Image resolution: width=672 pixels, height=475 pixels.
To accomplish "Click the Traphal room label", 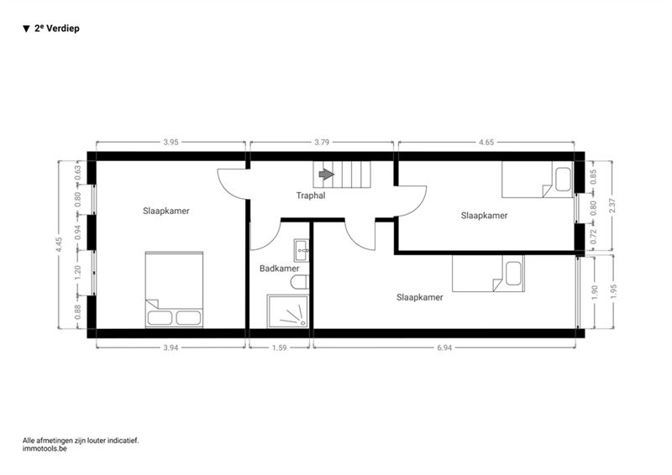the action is [x=311, y=196].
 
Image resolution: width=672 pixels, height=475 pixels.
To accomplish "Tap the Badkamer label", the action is [x=280, y=269].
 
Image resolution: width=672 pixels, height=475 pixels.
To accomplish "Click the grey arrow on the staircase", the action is [x=327, y=174].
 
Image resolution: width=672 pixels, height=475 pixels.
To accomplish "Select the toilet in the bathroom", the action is [x=300, y=282].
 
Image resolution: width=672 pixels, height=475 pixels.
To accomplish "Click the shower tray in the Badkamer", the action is [x=287, y=311].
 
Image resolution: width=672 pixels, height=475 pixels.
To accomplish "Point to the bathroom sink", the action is [x=301, y=250].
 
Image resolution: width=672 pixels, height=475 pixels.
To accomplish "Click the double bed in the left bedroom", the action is [x=174, y=290].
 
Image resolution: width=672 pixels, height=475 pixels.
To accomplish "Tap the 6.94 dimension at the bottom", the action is [x=444, y=347].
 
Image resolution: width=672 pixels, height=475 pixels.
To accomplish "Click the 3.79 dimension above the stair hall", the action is [x=322, y=142].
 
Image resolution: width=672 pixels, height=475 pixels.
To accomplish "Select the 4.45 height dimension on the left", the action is [x=60, y=245].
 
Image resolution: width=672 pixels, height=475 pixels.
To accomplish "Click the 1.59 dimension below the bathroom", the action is [x=280, y=347].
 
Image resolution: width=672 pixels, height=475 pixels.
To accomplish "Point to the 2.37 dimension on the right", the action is [x=612, y=206].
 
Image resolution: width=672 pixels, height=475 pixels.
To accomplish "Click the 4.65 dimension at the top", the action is [x=486, y=142].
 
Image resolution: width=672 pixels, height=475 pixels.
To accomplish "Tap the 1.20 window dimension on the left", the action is [x=77, y=273].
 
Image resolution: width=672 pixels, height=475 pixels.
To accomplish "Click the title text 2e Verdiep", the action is [x=57, y=29].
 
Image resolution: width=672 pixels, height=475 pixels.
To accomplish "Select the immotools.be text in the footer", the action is [x=45, y=449].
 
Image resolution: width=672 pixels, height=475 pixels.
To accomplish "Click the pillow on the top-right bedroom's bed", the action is [x=563, y=180].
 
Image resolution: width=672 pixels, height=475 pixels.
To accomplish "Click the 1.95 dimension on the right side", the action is [x=614, y=292].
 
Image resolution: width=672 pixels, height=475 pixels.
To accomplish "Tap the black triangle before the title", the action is [x=27, y=29].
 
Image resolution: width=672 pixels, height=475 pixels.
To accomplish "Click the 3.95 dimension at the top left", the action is [x=171, y=142].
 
